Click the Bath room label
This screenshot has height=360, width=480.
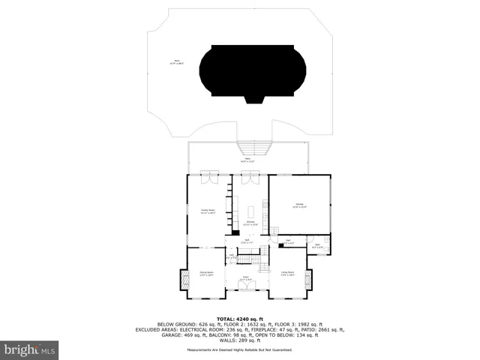(317, 245)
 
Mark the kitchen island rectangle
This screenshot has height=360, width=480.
(250, 211)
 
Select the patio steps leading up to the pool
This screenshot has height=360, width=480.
(247, 147)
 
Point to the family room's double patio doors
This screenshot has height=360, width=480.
(209, 174)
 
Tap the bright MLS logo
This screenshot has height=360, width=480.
(29, 349)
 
